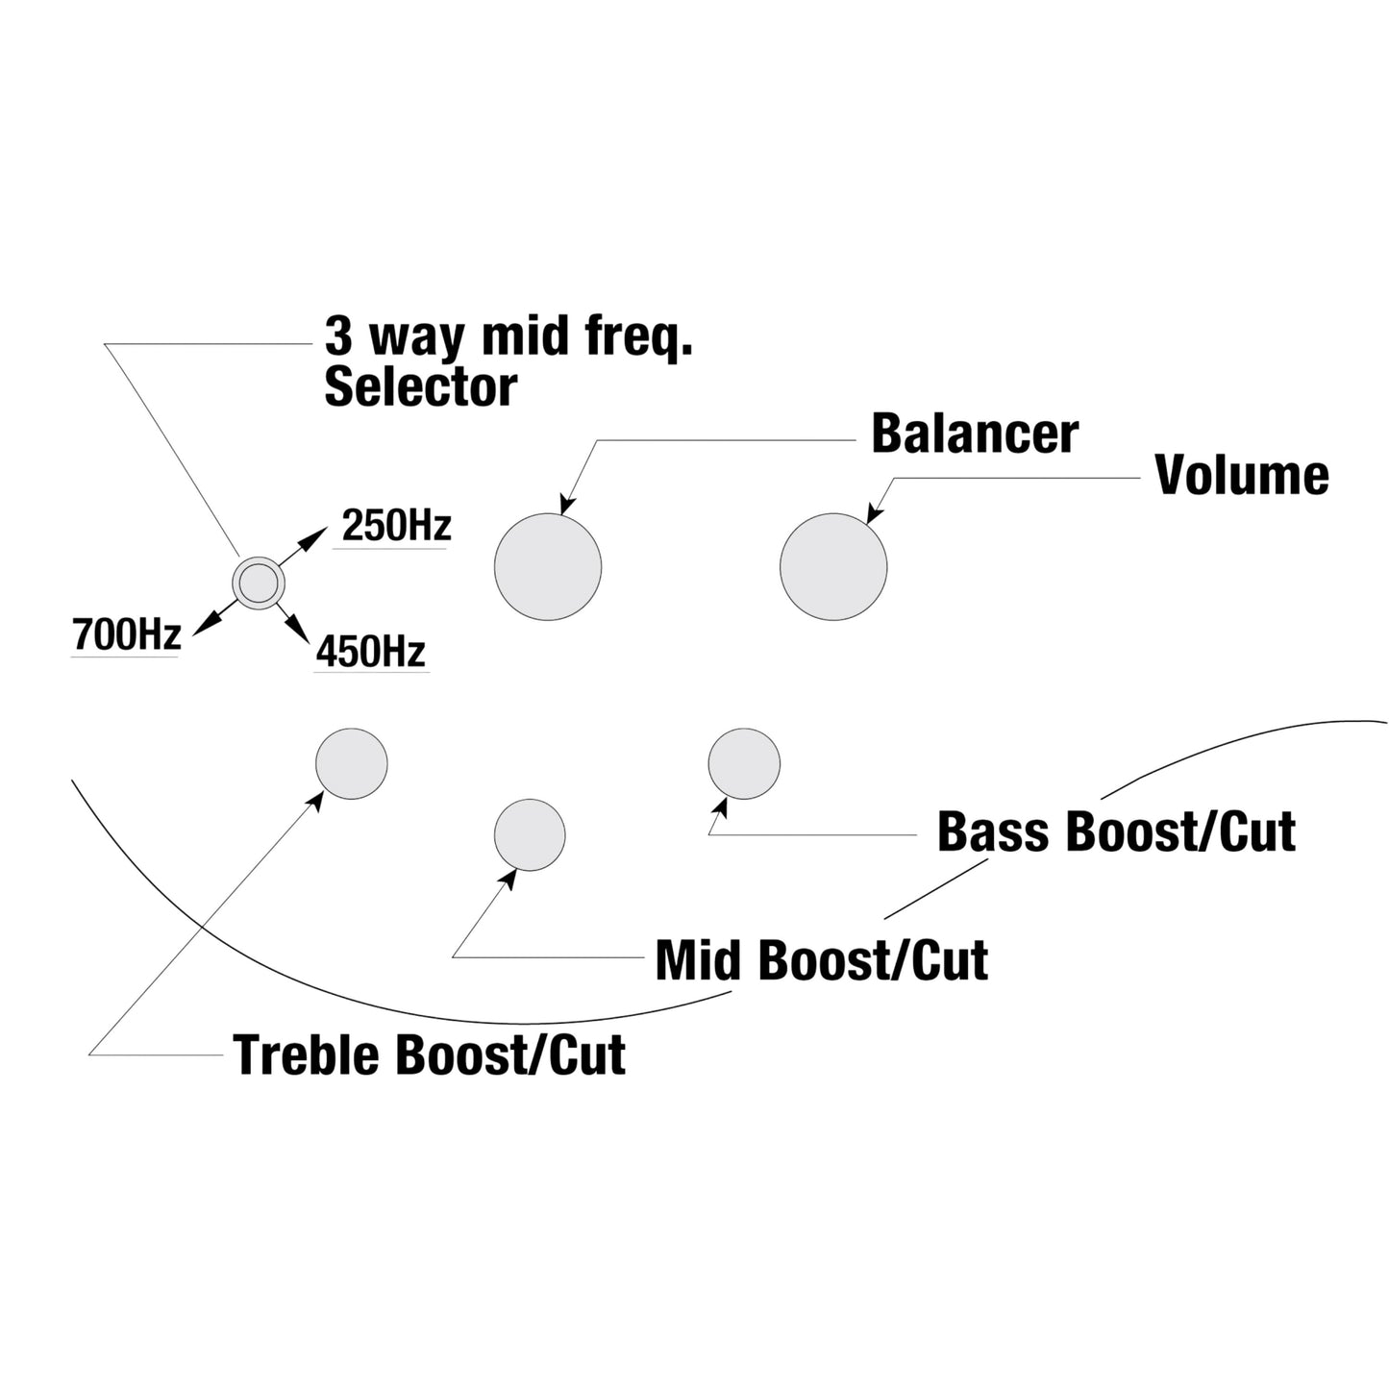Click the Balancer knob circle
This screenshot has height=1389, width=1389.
(x=547, y=566)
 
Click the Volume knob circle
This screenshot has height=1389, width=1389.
(x=832, y=566)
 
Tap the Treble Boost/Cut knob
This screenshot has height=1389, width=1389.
(x=352, y=763)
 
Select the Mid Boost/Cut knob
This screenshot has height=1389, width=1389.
(x=530, y=834)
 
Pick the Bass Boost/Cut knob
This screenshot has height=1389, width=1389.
(x=744, y=763)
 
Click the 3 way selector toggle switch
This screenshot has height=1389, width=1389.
(x=259, y=583)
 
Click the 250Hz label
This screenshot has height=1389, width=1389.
(x=396, y=527)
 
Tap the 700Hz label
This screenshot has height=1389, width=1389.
(x=127, y=635)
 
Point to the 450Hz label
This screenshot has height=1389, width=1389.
(x=371, y=653)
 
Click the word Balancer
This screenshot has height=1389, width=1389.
(x=974, y=434)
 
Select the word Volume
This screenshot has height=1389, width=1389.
(x=1241, y=475)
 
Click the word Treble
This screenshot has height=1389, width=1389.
(x=307, y=1054)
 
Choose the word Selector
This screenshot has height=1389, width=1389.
(x=420, y=386)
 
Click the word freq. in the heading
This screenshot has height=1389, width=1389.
(x=638, y=337)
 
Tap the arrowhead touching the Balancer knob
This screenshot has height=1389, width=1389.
(x=566, y=506)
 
